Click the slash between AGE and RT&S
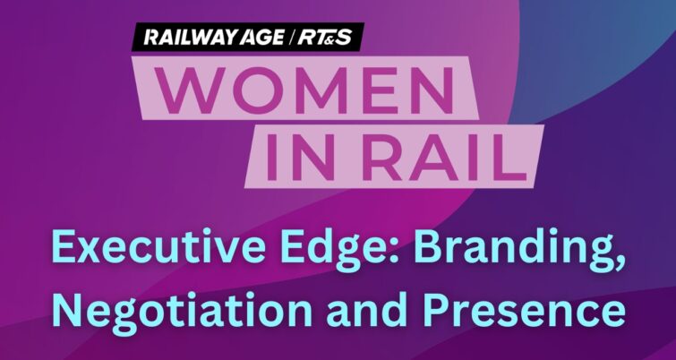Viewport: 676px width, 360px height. click(290, 37)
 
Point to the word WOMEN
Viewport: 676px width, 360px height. click(304, 90)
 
